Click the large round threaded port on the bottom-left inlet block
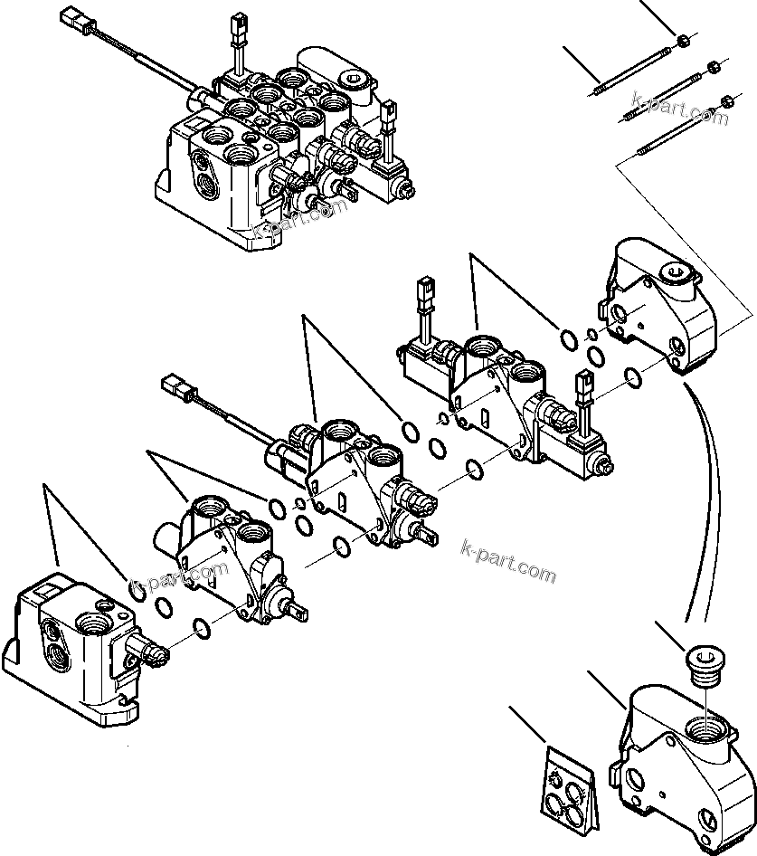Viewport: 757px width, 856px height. click(x=93, y=623)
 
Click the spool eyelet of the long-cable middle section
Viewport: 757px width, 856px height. click(x=430, y=534)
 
